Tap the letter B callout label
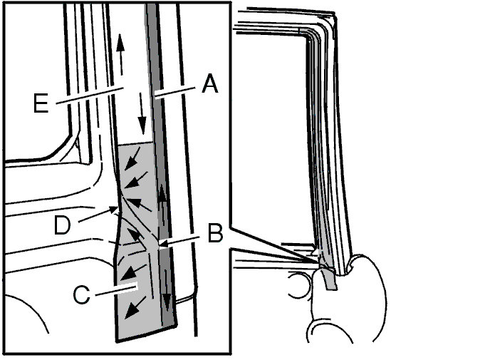coord(215,233)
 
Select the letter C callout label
coord(82,294)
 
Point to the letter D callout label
coord(62,225)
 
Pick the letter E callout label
coord(41,103)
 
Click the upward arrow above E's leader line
coord(120,54)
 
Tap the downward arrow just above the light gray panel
coord(142,113)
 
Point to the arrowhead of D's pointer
coord(115,210)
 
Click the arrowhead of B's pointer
coord(162,245)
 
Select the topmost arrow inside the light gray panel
coord(132,158)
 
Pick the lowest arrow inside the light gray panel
coord(135,307)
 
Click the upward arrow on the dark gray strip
coord(163,206)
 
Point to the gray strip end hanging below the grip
coord(330,279)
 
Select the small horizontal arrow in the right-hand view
coord(298,245)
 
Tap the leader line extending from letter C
coord(116,290)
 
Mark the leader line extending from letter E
coord(90,96)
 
